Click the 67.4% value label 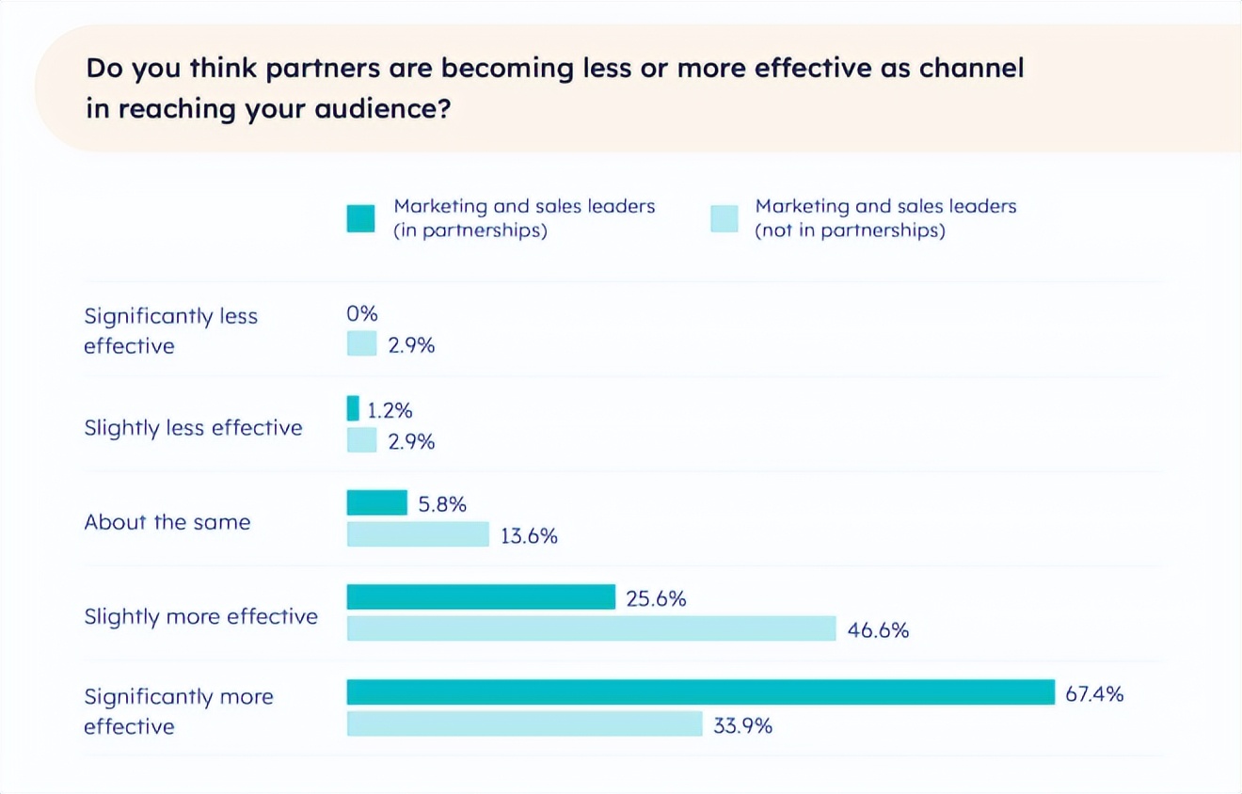coord(1094,694)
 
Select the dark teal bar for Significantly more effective coord(700,692)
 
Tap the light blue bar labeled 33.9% coord(524,723)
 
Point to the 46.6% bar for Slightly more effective coord(591,628)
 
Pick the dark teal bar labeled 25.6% coord(481,596)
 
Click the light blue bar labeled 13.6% coord(418,534)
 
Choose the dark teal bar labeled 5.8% coord(376,503)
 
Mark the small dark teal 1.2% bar coord(353,408)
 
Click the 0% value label coord(361,314)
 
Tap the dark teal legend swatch coord(360,218)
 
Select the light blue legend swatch coord(724,218)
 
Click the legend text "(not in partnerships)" coord(850,230)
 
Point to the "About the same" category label coord(167,522)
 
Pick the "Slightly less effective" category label coord(193,428)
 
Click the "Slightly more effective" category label coord(200,616)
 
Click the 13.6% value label coord(529,536)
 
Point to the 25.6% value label coord(656,598)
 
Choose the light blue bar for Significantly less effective coord(361,343)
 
